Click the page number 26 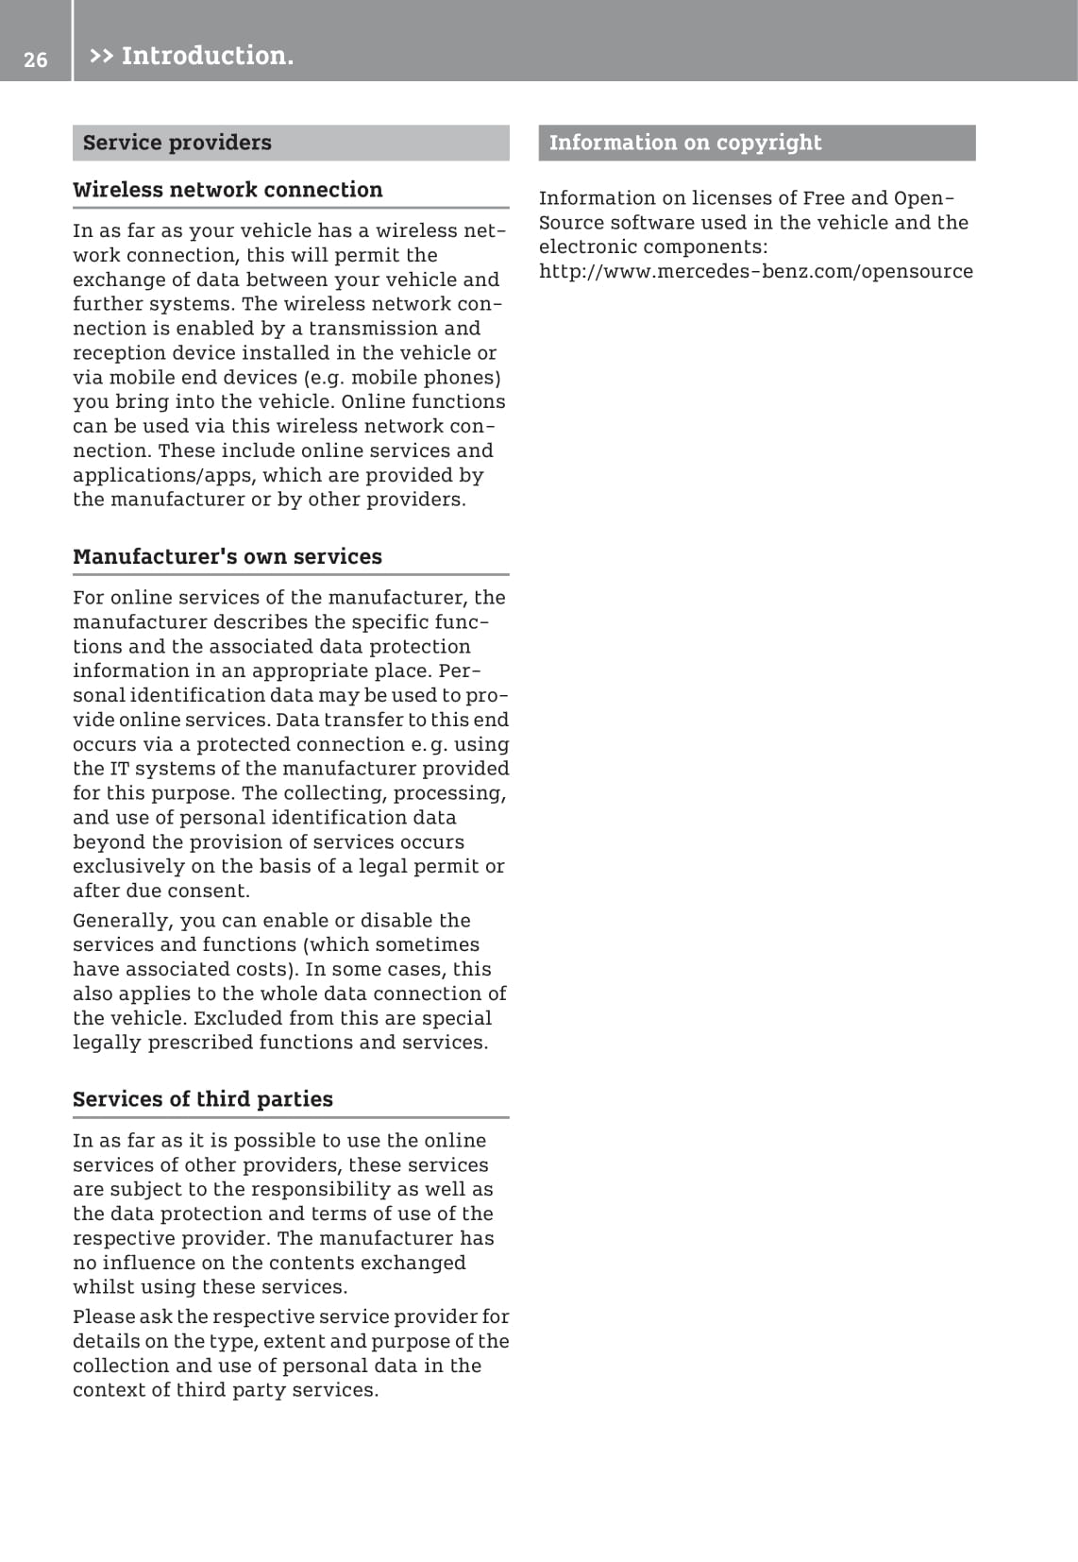pyautogui.click(x=35, y=59)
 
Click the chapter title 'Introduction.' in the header pyautogui.click(x=208, y=56)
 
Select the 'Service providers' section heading pyautogui.click(x=177, y=143)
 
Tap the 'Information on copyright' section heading pyautogui.click(x=684, y=143)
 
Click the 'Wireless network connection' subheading pyautogui.click(x=227, y=190)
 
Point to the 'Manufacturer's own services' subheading pyautogui.click(x=227, y=556)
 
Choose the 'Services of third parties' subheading pyautogui.click(x=203, y=1099)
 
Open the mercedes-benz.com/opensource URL pyautogui.click(x=755, y=271)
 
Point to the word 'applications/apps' pyautogui.click(x=163, y=475)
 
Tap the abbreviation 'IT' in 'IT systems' pyautogui.click(x=119, y=769)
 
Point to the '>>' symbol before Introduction pyautogui.click(x=101, y=56)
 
